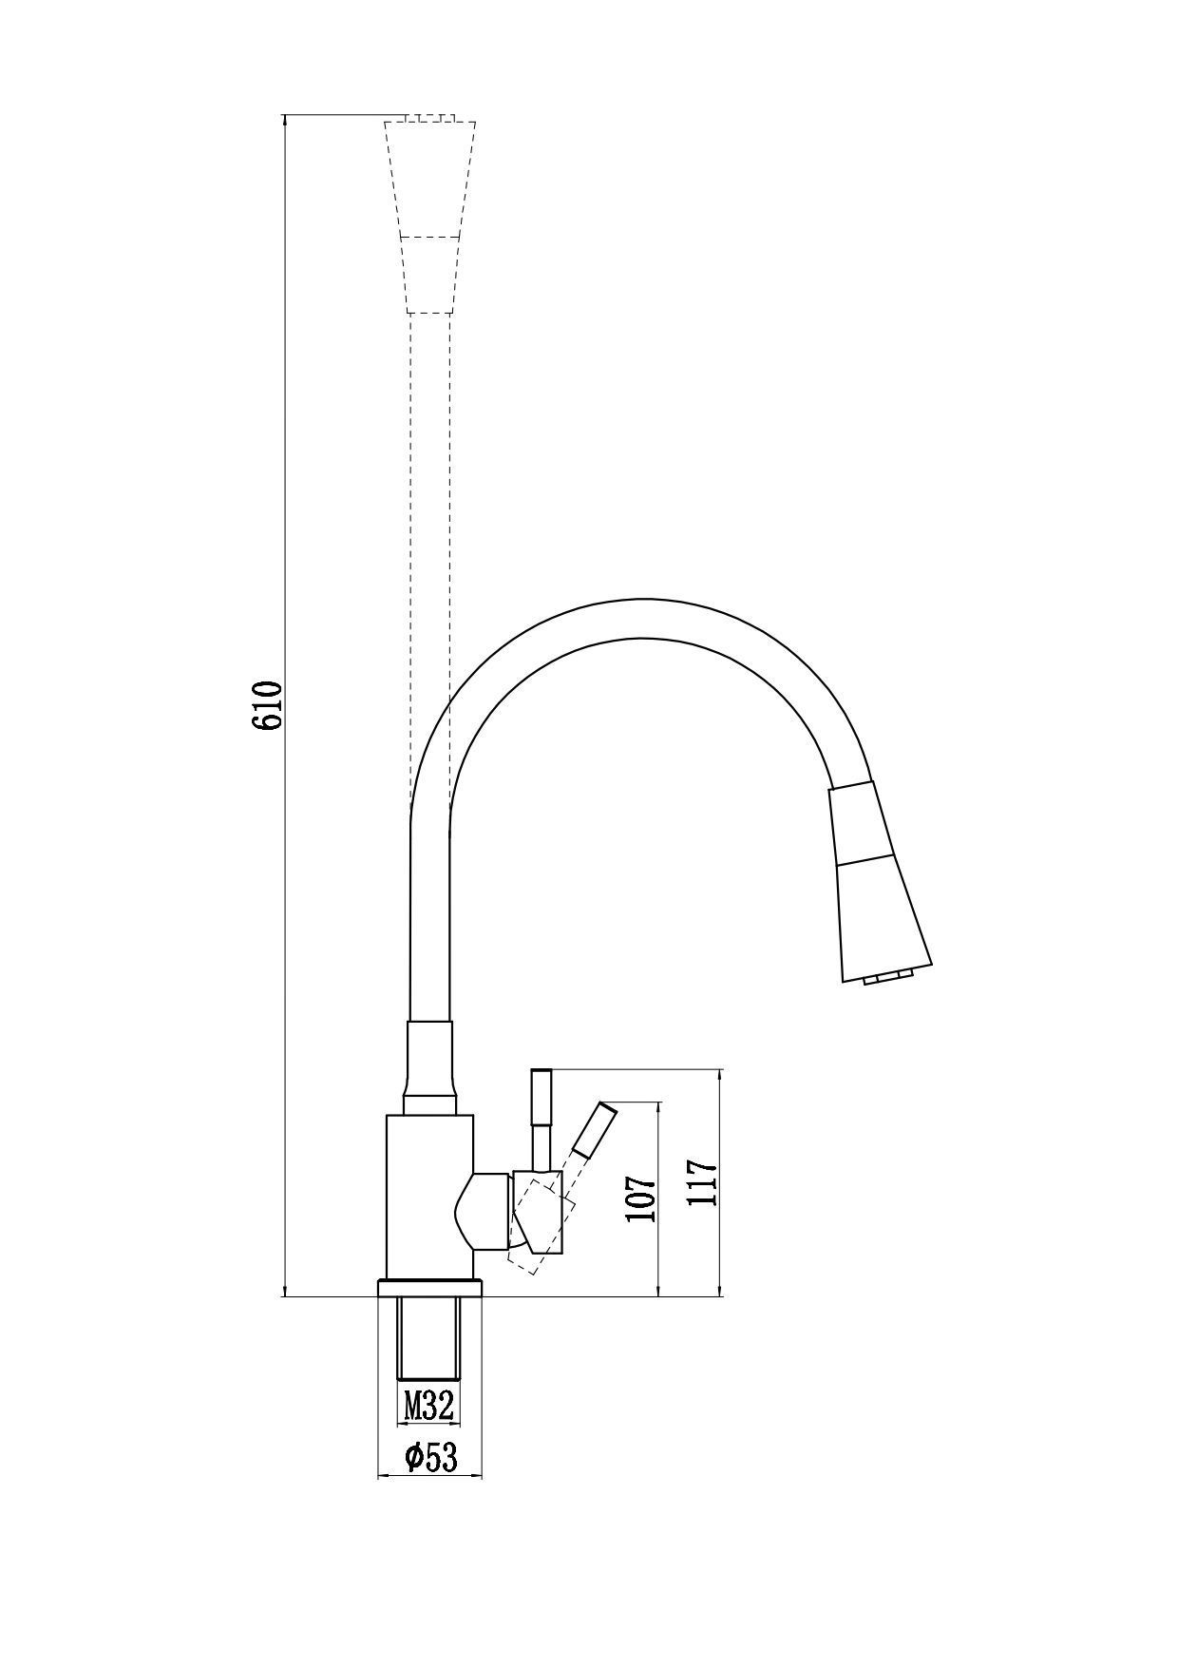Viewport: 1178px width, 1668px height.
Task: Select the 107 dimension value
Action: (x=641, y=1200)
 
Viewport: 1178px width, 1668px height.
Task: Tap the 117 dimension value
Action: (x=704, y=1182)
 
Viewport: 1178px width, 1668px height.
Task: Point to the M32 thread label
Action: (x=427, y=1405)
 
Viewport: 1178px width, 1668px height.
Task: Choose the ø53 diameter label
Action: (x=431, y=1457)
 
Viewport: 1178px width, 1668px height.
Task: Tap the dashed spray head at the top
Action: (x=430, y=217)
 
